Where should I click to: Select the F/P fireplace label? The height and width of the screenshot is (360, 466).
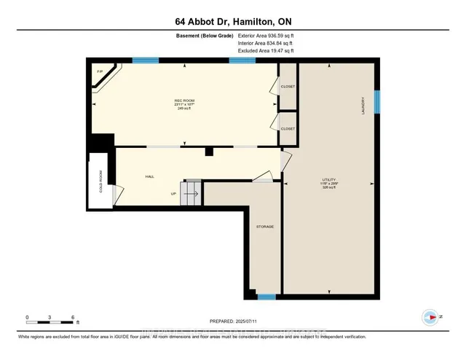100,71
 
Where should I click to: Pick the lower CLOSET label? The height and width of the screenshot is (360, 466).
288,128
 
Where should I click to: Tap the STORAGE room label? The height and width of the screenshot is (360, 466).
264,227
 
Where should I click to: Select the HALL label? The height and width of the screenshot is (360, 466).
149,176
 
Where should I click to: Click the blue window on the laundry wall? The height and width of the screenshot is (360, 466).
377,101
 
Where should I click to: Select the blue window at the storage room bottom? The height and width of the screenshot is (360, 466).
266,297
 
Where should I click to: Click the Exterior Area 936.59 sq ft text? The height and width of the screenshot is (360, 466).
266,35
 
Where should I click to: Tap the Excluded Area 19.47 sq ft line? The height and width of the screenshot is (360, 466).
266,51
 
